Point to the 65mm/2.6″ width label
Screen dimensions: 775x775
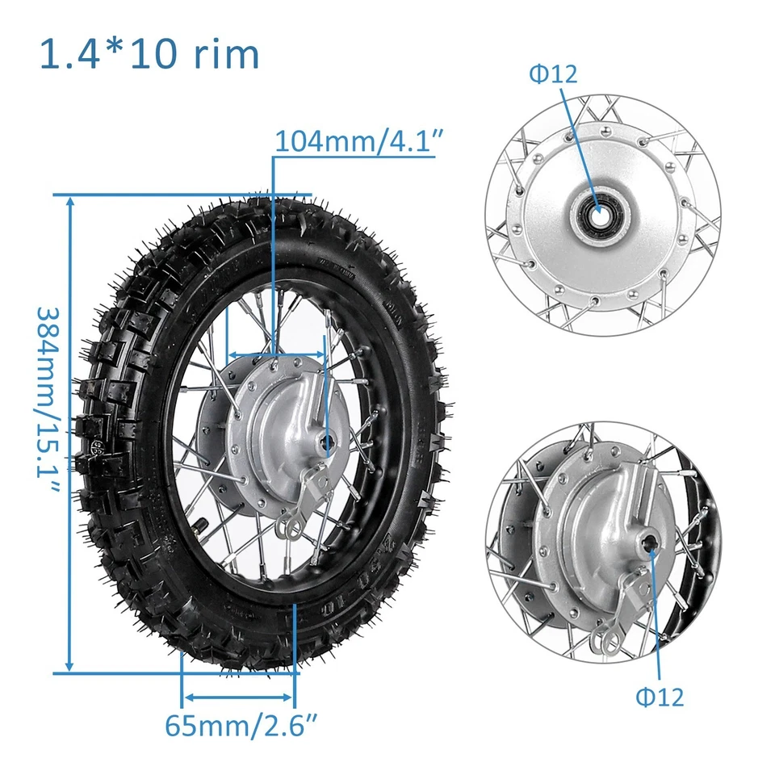pyautogui.click(x=239, y=724)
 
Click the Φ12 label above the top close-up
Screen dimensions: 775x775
pyautogui.click(x=553, y=74)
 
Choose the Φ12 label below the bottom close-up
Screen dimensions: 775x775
pyautogui.click(x=659, y=697)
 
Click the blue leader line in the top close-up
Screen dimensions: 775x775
pyautogui.click(x=580, y=145)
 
